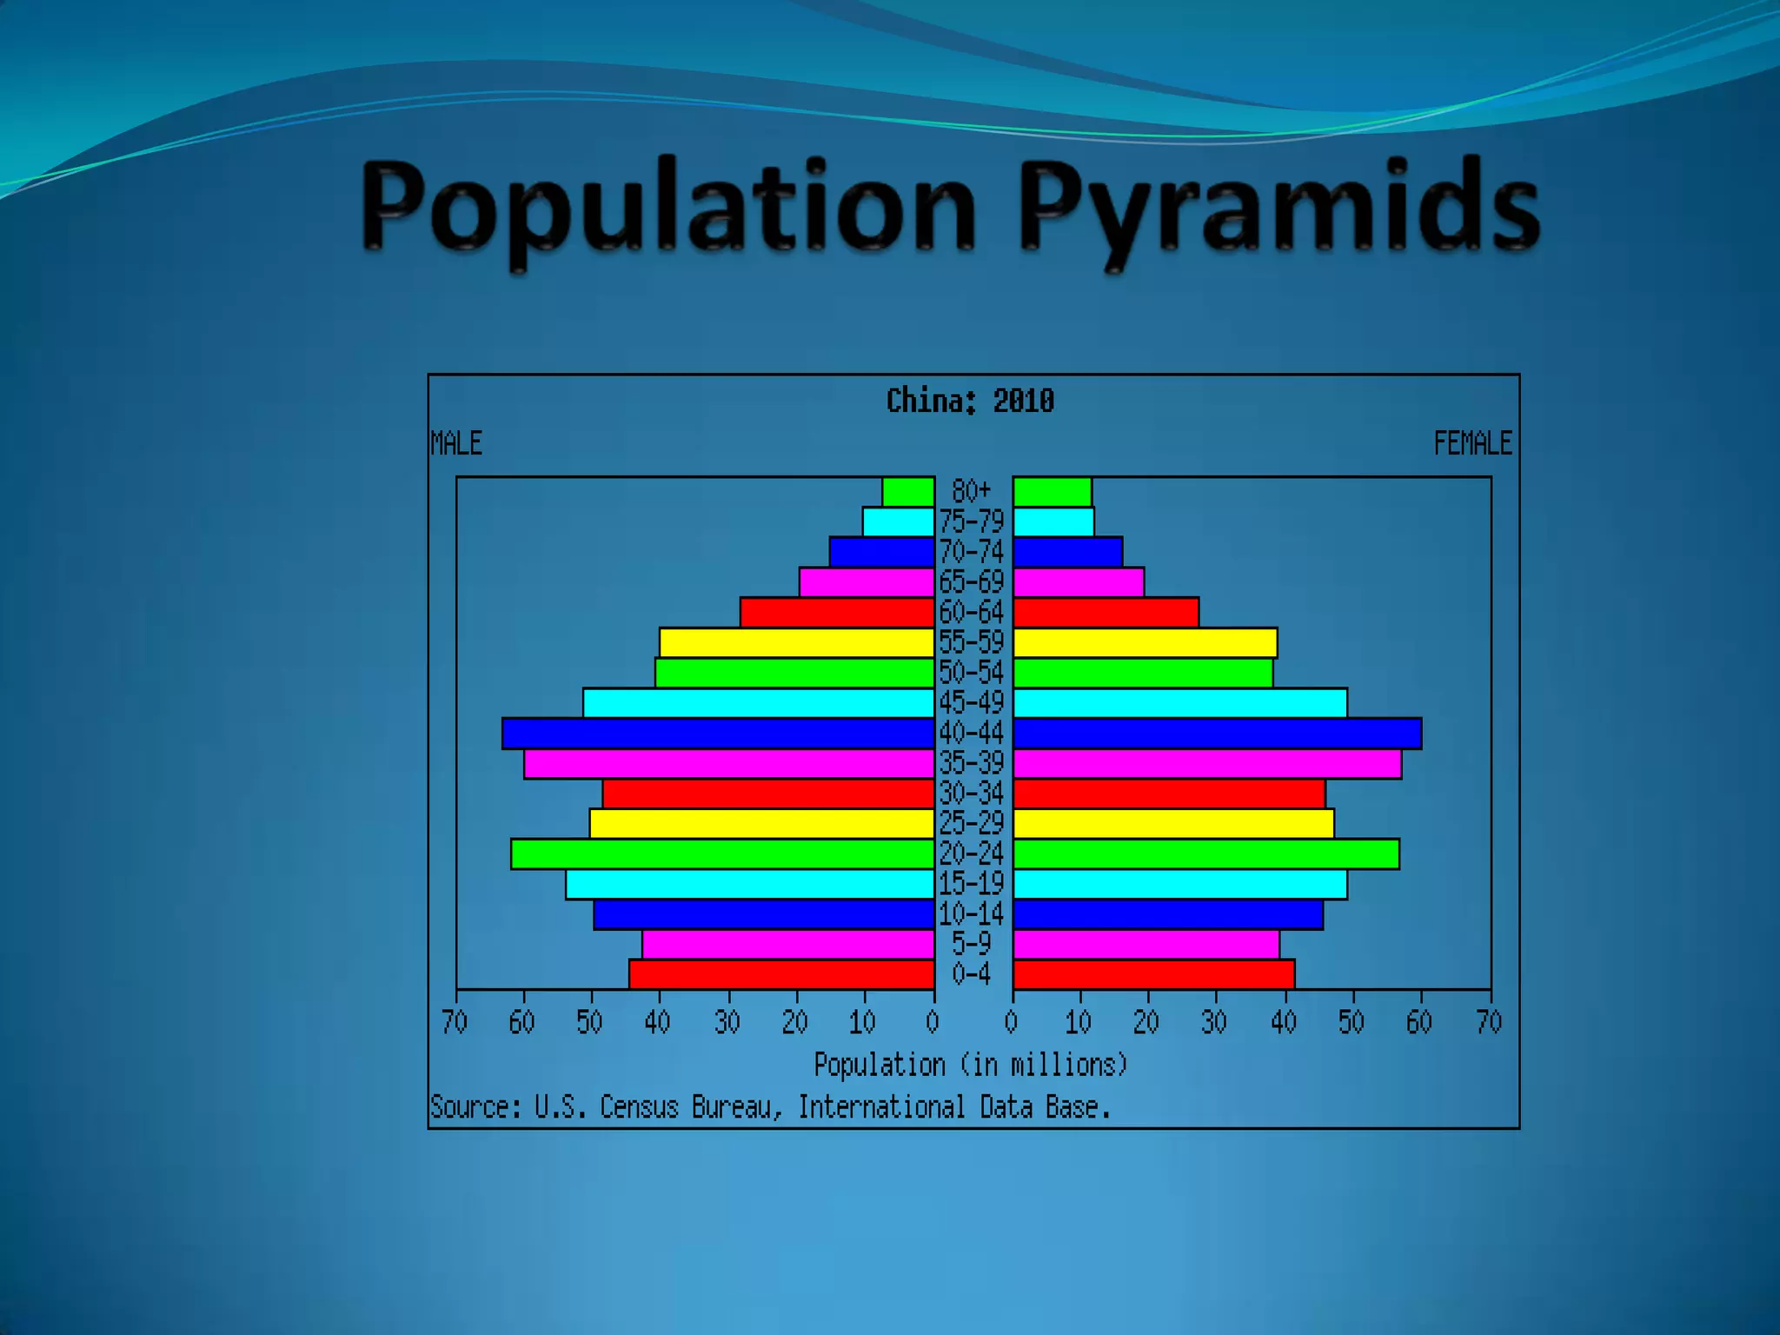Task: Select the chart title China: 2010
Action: [x=970, y=401]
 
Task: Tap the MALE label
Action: [x=456, y=443]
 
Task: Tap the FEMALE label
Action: [x=1472, y=443]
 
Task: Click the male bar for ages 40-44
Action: [x=718, y=733]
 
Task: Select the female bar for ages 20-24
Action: [x=1206, y=853]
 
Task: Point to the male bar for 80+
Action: [x=908, y=492]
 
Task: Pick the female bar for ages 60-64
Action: [x=1106, y=612]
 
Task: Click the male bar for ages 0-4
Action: [x=782, y=974]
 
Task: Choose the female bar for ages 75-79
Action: [x=1053, y=521]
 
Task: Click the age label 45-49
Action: [x=972, y=702]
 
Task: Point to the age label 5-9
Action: [x=972, y=943]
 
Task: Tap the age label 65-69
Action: [x=972, y=581]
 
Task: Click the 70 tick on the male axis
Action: [x=455, y=1021]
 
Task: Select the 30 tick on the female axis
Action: [x=1214, y=1021]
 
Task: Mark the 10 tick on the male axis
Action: [x=862, y=1021]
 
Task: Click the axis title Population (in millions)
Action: [x=970, y=1065]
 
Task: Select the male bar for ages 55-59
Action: [x=797, y=642]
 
